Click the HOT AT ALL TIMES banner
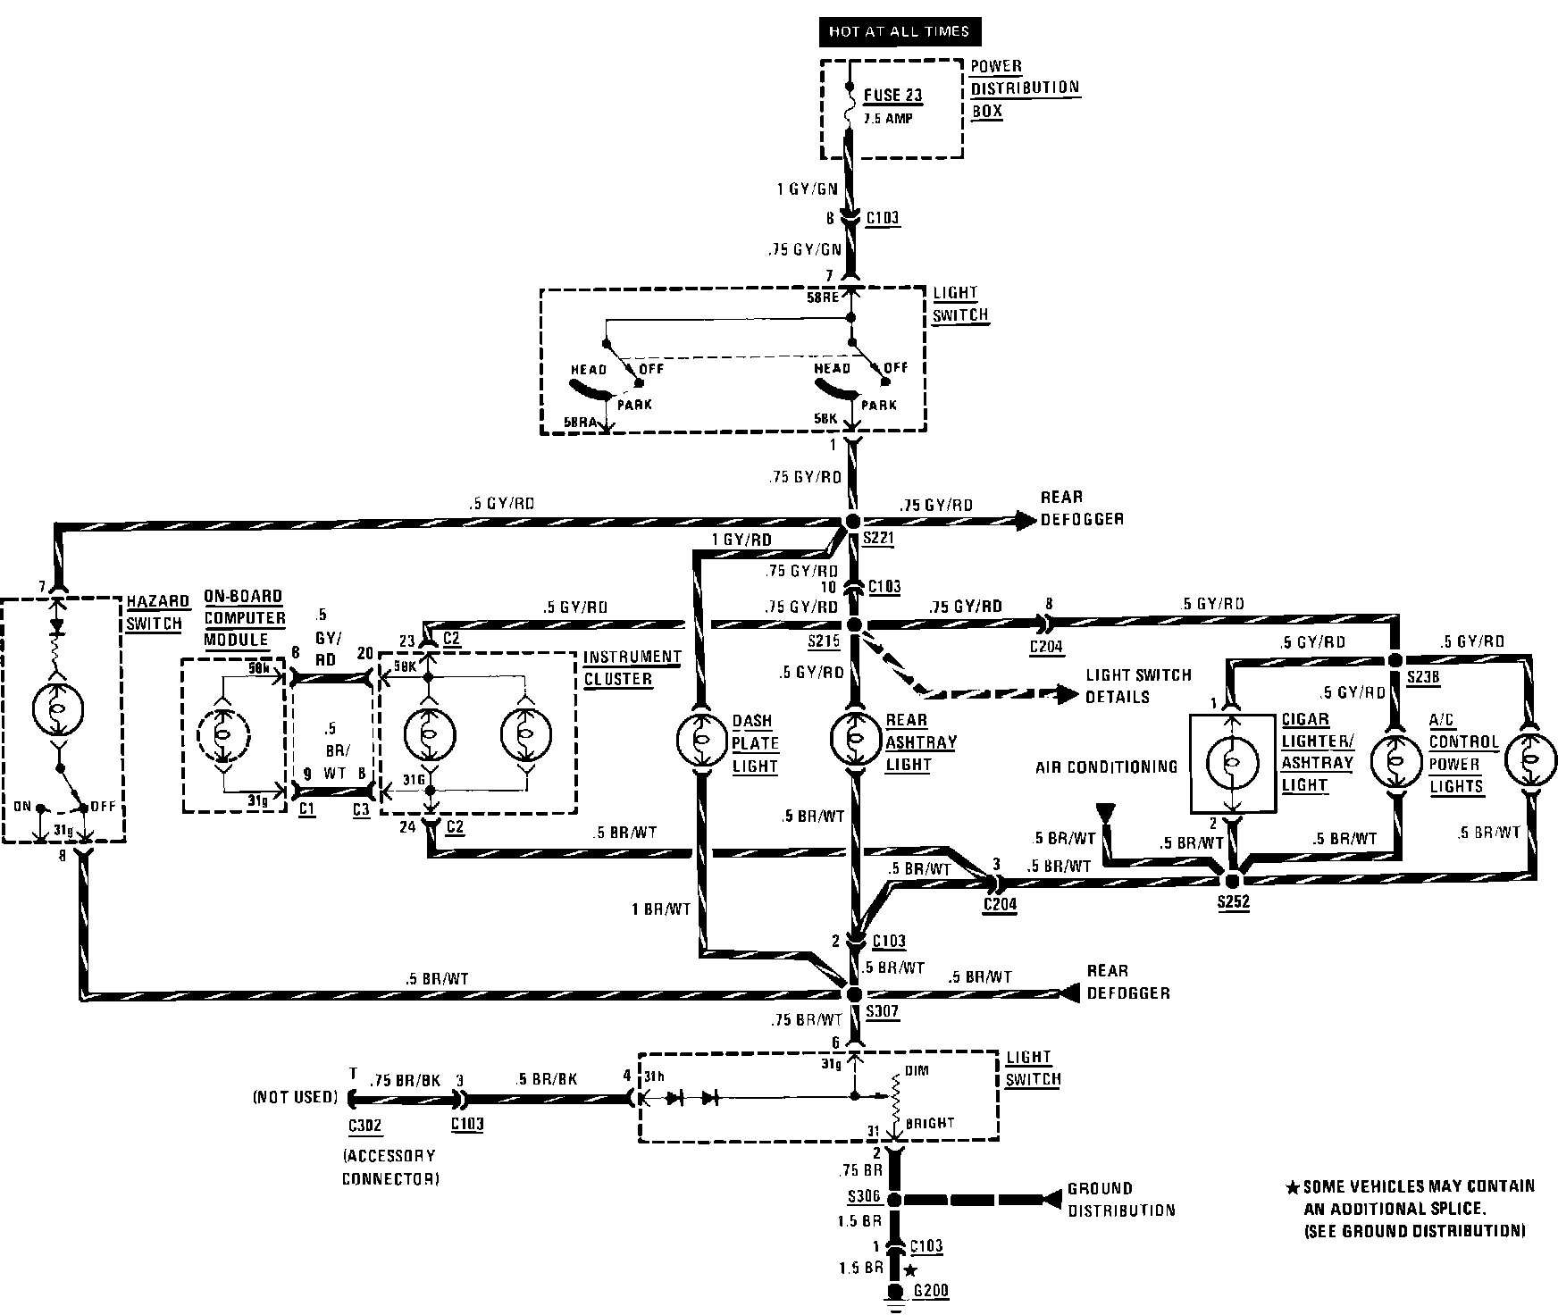899,31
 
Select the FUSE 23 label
892,96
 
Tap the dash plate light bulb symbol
701,741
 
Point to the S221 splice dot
853,521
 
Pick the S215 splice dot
853,624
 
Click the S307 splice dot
853,993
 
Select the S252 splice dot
1233,880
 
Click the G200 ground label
932,1290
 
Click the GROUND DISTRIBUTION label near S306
1120,1199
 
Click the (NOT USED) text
296,1097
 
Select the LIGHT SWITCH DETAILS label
1137,685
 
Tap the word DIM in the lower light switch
917,1069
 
